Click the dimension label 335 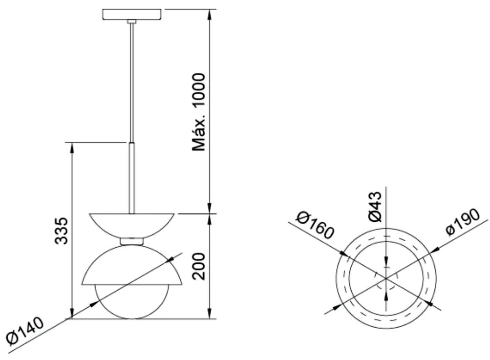61,231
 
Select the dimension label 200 199,266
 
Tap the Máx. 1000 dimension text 199,112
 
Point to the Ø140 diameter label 25,331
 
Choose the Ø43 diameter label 375,207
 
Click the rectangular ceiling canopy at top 132,14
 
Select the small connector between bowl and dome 131,241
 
